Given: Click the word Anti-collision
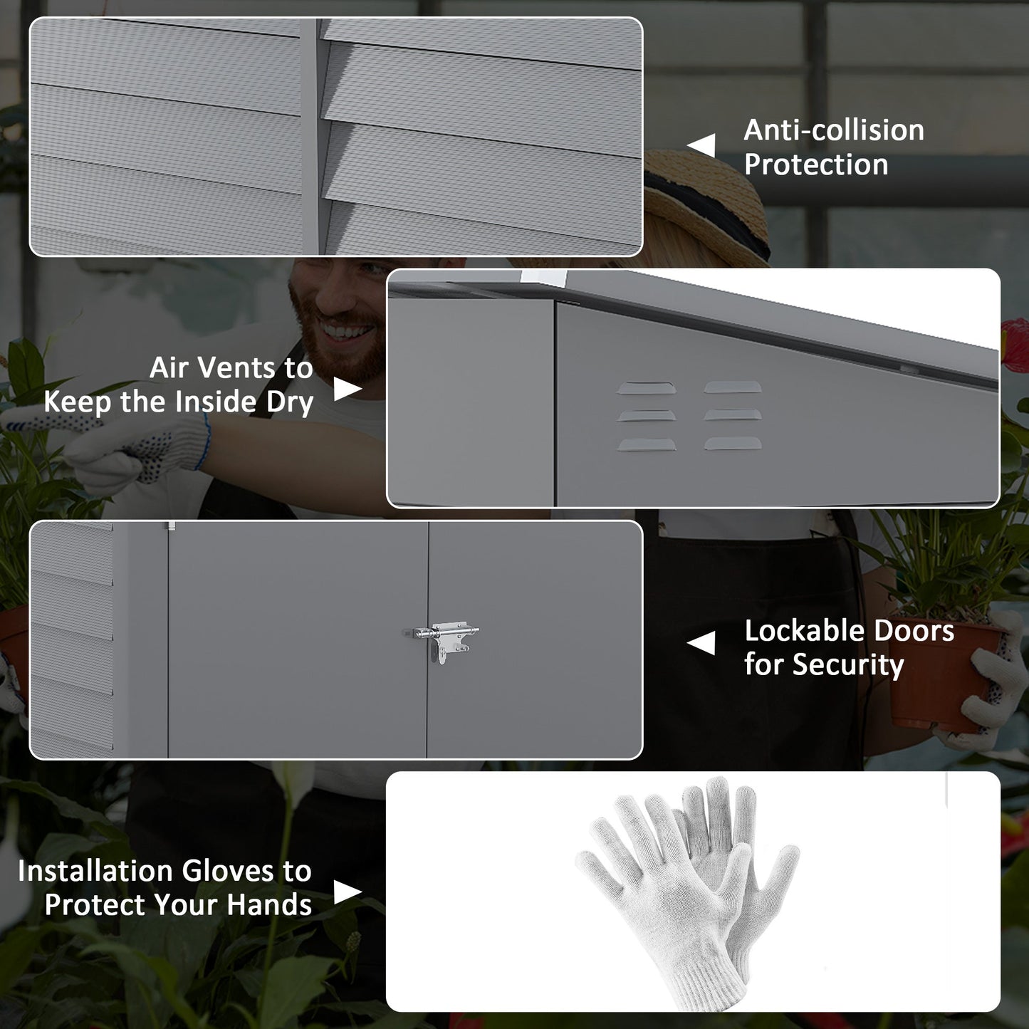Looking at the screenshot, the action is (x=834, y=130).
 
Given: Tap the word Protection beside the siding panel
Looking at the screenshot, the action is (x=816, y=164).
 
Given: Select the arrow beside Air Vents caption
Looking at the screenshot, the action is (x=348, y=388).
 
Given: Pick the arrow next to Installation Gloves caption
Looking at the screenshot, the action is (x=348, y=892).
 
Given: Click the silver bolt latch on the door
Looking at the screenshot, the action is (x=443, y=637).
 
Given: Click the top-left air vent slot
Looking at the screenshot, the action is (x=646, y=387).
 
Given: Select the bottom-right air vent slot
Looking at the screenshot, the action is (x=733, y=443).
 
